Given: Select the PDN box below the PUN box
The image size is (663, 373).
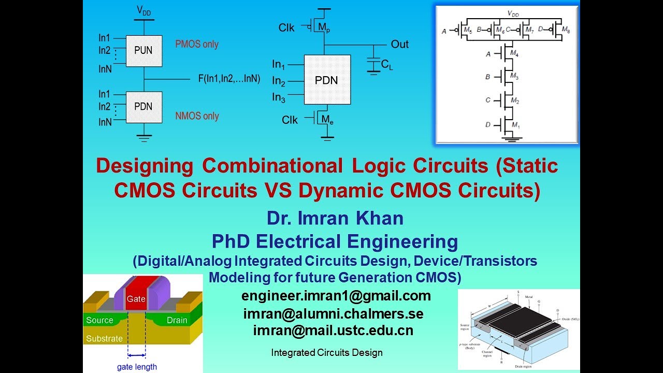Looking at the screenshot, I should point(143,107).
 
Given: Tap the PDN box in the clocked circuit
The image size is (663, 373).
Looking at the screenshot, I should point(327,81).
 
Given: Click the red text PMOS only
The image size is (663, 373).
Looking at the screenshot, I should point(197,45).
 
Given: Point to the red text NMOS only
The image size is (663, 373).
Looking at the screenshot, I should point(197,116).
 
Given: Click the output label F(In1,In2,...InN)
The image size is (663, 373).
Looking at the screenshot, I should point(229,79).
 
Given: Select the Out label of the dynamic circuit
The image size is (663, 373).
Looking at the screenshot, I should point(399,44).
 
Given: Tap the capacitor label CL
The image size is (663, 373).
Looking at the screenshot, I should point(386,65).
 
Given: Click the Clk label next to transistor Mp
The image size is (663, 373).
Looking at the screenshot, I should point(286,28).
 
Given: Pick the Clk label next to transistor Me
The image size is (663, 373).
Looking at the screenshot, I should point(290,120).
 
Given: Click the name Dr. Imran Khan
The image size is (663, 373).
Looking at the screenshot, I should point(335,219).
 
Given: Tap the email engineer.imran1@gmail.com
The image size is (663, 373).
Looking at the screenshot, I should point(336,296).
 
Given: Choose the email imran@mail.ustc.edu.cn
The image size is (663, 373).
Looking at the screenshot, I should point(333,331).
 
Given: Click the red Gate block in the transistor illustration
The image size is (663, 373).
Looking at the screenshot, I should point(136,297).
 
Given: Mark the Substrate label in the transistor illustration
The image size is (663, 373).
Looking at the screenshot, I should point(105,339).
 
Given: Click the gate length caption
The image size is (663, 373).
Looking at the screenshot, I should point(137,367).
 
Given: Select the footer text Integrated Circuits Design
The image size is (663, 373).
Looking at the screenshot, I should point(326,353).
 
